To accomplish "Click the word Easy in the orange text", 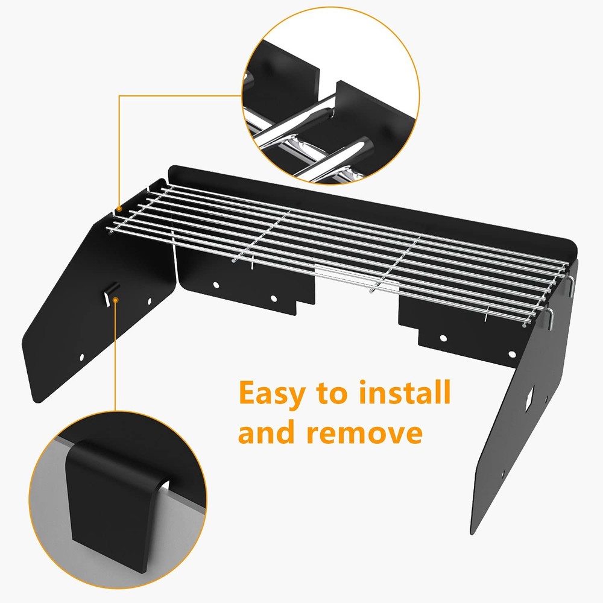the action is tap(273, 394).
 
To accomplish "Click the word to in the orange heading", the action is tap(333, 393).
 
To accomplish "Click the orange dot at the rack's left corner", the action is tap(119, 209).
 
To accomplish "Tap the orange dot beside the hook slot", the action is tap(115, 300).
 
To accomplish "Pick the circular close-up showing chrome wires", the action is tap(330, 95).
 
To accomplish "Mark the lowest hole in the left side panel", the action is tap(81, 357).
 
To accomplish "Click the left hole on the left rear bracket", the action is tap(216, 285).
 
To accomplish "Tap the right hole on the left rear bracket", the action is tap(274, 298).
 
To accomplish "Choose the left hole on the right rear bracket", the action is tap(443, 338).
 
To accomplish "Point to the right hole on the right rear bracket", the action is tap(512, 354).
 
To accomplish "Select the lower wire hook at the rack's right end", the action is tap(551, 318).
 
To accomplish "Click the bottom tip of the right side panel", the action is tap(472, 534).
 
